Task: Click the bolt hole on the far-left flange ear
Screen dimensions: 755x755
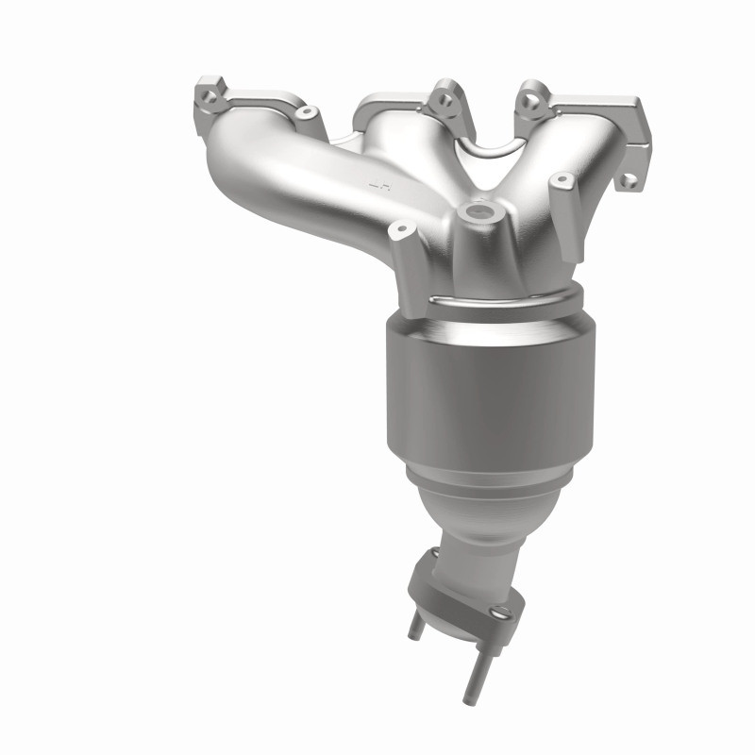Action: coord(207,92)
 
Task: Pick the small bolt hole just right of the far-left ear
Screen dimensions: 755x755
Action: coord(304,112)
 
